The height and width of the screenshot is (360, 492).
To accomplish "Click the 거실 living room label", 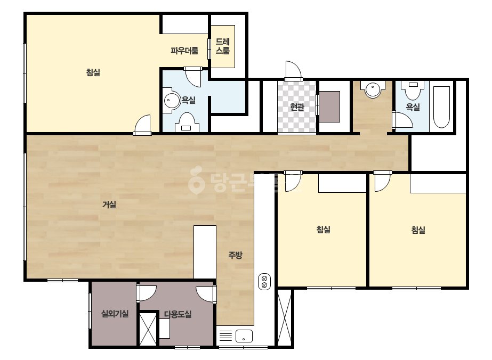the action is coord(109,205).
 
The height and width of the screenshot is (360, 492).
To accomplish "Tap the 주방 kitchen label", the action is coord(235,255).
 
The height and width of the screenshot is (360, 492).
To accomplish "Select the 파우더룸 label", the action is coord(184,51).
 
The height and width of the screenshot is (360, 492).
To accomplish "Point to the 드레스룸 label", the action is coord(222,46).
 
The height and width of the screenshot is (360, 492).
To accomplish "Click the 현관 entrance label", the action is coord(297,107).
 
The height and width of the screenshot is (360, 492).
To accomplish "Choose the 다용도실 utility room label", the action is coord(178,314).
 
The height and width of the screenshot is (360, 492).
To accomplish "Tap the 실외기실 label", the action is coord(115,314).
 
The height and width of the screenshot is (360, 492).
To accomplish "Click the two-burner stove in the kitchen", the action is coord(264,282).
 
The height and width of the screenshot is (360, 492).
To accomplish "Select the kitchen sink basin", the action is coord(244,336).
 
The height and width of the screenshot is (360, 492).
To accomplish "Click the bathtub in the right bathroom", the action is coord(441,107).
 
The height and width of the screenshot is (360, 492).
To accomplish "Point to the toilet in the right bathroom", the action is coord(413,91).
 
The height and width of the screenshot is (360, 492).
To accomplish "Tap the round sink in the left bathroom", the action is coord(171,100).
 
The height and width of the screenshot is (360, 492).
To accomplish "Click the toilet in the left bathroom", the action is coord(187,122).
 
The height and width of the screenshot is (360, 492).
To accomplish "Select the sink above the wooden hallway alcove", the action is coord(373,89).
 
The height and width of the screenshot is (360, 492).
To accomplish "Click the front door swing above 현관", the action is coord(293,71).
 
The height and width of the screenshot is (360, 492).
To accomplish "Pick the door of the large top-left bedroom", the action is coord(143,126).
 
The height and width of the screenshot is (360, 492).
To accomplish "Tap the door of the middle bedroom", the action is coord(293,181).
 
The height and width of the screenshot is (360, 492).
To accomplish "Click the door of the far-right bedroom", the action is coord(383,181).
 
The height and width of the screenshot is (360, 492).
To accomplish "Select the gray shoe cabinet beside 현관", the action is coord(329,107).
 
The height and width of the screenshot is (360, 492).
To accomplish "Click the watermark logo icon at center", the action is coord(196,180).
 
